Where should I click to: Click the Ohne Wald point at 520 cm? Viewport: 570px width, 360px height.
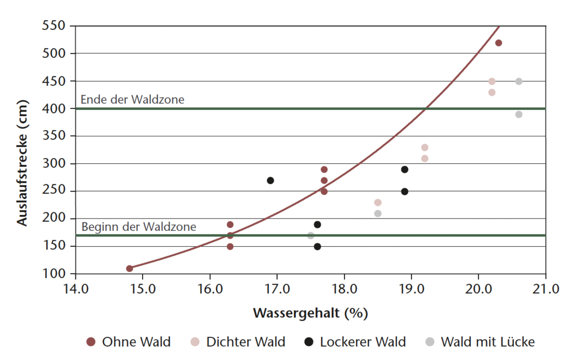pyautogui.click(x=498, y=43)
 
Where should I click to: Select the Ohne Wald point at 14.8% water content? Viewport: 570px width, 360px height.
pyautogui.click(x=130, y=269)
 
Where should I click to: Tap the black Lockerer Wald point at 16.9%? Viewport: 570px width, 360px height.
pyautogui.click(x=270, y=180)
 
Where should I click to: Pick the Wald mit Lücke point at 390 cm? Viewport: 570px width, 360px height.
pyautogui.click(x=518, y=115)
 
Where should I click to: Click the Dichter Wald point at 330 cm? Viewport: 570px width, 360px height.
pyautogui.click(x=424, y=148)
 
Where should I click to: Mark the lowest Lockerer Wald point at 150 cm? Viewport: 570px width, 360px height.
pyautogui.click(x=318, y=246)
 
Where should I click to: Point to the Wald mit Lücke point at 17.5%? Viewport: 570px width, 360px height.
pyautogui.click(x=311, y=236)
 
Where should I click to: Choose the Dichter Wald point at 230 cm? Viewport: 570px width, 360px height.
pyautogui.click(x=377, y=202)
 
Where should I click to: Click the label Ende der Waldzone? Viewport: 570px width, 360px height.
pyautogui.click(x=132, y=100)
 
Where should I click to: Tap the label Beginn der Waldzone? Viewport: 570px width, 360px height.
pyautogui.click(x=139, y=227)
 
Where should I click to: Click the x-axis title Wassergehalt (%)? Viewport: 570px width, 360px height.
pyautogui.click(x=310, y=313)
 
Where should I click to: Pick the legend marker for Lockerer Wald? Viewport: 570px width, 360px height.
pyautogui.click(x=309, y=342)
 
